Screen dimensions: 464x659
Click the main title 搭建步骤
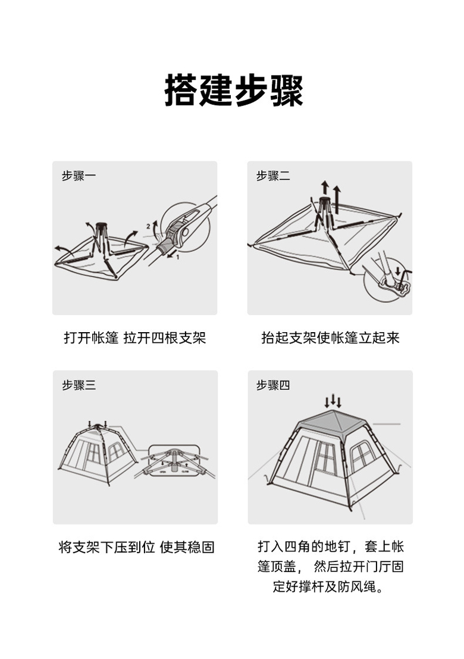[x=233, y=90]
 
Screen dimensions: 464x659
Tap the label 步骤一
[x=79, y=175]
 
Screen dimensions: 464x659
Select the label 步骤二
[x=273, y=175]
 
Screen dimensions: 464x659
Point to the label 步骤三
[x=79, y=385]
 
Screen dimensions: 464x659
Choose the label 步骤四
[x=273, y=385]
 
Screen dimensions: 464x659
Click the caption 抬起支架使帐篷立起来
[x=330, y=338]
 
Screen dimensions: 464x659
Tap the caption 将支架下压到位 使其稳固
[x=136, y=547]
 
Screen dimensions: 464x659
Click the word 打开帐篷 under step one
[x=92, y=338]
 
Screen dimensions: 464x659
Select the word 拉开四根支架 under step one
[x=165, y=338]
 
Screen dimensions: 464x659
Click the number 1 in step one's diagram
[x=177, y=257]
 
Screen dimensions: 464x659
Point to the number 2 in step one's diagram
[x=148, y=227]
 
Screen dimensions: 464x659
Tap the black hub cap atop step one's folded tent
[x=101, y=225]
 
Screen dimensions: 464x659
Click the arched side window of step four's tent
[x=362, y=455]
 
